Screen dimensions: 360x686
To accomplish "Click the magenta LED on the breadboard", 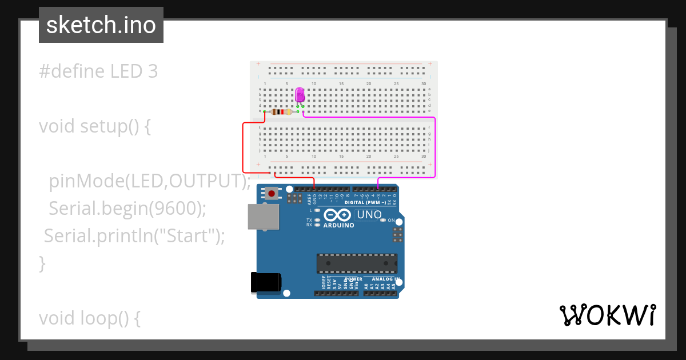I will (x=300, y=95).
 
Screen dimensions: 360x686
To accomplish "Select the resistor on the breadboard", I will (x=281, y=112).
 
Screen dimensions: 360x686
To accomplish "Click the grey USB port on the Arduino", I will (x=264, y=217).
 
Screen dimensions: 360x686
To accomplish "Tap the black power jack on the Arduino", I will (x=266, y=282).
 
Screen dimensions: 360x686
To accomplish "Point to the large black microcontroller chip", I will (x=357, y=263).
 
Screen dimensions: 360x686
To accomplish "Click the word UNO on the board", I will (x=369, y=215).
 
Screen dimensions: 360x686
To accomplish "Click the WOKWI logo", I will (x=607, y=315).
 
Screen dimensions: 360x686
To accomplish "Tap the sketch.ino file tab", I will (x=101, y=25).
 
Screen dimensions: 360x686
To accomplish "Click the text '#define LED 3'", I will (x=98, y=71).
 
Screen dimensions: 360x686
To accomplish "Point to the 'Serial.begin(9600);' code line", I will (x=127, y=209).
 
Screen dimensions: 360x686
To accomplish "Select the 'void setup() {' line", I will (x=95, y=126).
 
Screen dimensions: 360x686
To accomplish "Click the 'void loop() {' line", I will (x=90, y=318).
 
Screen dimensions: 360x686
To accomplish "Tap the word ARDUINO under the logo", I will (x=338, y=225).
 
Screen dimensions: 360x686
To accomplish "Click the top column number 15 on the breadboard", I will (x=341, y=84).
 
